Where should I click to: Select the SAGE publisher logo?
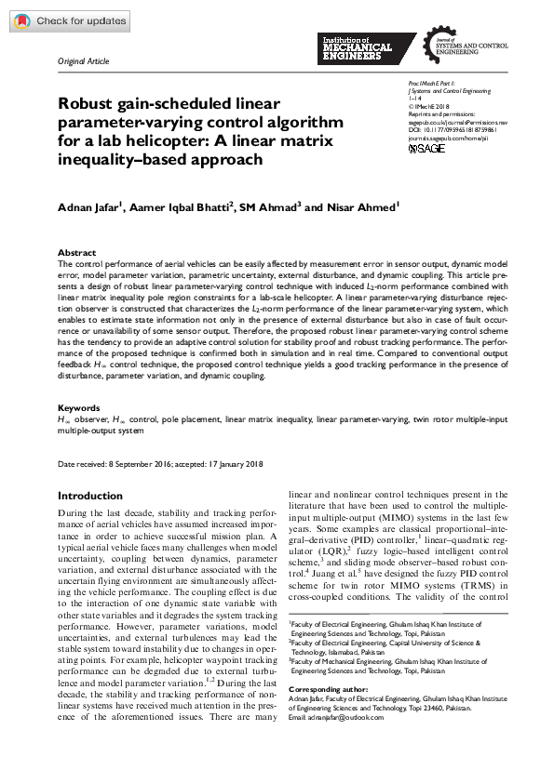pyautogui.click(x=427, y=149)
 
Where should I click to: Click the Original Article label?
pyautogui.click(x=83, y=61)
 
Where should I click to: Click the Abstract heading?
pyautogui.click(x=76, y=253)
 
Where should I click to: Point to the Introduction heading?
pyautogui.click(x=90, y=497)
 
